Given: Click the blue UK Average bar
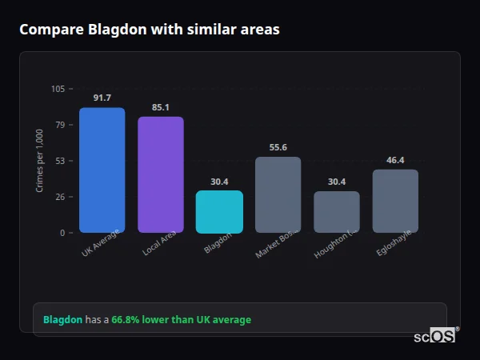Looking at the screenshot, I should coord(102,170).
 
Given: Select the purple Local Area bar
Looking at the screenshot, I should coord(160,174).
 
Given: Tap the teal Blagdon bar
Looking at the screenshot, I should coord(219,212).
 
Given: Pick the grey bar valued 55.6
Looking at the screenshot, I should coord(278,194).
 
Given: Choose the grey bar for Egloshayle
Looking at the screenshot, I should coord(395,201).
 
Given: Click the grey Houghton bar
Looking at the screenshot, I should coord(336,212).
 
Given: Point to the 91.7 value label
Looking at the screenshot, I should coord(102,98).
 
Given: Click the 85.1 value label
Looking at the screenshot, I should coord(160,107).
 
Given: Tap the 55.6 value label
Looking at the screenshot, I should coord(278,147).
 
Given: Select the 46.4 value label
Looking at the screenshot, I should coord(395,160).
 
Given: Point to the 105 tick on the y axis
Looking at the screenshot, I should coord(58,89).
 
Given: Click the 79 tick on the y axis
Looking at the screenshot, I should coord(60,125).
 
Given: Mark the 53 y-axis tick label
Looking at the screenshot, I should coord(60,161).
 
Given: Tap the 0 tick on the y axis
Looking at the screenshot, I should coord(62,233).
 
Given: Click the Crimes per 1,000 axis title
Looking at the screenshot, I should coord(40,161).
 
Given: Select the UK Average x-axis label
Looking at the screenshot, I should coord(101,245).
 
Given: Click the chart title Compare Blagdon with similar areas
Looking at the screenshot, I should coord(150,30).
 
